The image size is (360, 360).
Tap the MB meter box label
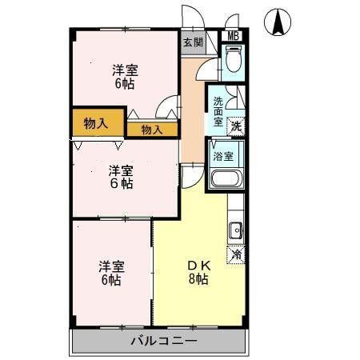234,36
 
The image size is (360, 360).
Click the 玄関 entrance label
192,42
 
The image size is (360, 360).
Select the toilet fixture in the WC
233,61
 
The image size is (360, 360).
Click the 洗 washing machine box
236,126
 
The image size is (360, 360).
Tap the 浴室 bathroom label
223,157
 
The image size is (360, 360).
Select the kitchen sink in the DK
236,232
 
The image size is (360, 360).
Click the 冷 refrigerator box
237,254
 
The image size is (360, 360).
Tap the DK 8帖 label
198,272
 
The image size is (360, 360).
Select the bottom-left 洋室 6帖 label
110,273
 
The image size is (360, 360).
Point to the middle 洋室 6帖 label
121,177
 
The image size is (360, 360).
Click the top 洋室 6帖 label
123,77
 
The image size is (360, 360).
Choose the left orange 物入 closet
96,122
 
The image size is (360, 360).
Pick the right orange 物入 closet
152,129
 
